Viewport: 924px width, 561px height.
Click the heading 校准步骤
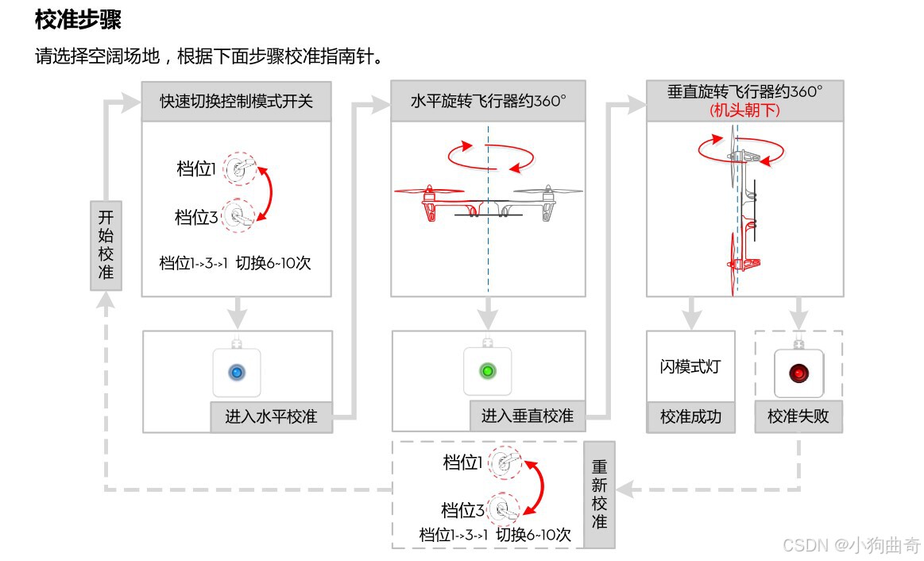click(x=78, y=20)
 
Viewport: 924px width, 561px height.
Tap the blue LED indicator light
click(x=236, y=371)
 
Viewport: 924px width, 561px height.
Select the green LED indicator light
click(x=488, y=370)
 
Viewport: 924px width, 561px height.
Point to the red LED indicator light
click(x=798, y=372)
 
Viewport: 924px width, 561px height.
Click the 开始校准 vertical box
click(x=106, y=246)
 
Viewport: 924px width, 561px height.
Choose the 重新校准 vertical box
click(x=599, y=494)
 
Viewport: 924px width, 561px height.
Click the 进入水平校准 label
click(x=271, y=416)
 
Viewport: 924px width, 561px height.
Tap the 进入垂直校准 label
click(x=528, y=416)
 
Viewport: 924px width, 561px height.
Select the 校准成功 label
click(x=690, y=416)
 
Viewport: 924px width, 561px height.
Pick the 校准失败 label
click(x=798, y=416)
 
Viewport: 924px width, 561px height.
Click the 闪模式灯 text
click(x=690, y=367)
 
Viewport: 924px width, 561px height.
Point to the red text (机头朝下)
click(x=744, y=110)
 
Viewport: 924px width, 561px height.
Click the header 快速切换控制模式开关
click(x=236, y=101)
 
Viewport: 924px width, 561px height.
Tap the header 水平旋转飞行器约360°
click(x=488, y=101)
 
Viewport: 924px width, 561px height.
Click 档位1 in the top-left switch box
click(x=196, y=168)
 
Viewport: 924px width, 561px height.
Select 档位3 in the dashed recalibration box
click(x=462, y=510)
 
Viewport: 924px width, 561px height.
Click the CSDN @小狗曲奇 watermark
click(x=851, y=545)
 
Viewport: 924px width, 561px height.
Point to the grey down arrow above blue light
click(x=236, y=313)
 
